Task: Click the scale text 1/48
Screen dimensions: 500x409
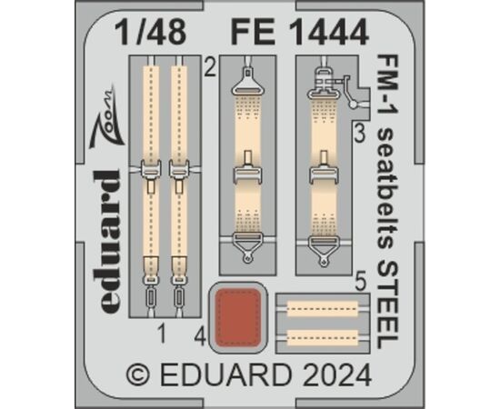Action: point(151,32)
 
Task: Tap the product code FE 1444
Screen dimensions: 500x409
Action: point(300,32)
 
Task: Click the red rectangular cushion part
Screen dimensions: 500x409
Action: point(238,317)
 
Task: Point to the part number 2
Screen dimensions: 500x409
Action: point(210,67)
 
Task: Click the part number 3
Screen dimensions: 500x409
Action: point(359,135)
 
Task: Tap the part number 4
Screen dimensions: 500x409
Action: point(201,337)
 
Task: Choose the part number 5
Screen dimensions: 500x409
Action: point(360,282)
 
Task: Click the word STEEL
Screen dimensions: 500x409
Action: point(387,305)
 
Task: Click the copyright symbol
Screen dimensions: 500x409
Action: point(138,375)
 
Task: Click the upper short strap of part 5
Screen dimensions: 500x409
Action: point(323,308)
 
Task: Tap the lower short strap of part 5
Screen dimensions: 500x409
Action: point(323,337)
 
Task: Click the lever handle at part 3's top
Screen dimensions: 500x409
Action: point(348,92)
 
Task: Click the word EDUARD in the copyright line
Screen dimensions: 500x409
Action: point(226,375)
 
